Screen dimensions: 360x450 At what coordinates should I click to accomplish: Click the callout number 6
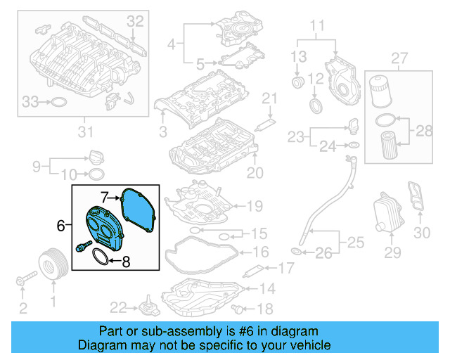tap(60, 226)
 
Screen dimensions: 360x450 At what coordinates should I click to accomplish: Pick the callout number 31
tap(85, 131)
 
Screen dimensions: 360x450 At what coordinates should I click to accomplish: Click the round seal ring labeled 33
tap(61, 103)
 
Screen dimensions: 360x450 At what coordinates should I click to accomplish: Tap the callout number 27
tap(399, 57)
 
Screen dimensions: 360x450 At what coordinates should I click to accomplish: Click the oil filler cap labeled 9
tap(97, 155)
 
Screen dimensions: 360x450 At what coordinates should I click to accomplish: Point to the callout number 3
tap(162, 131)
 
